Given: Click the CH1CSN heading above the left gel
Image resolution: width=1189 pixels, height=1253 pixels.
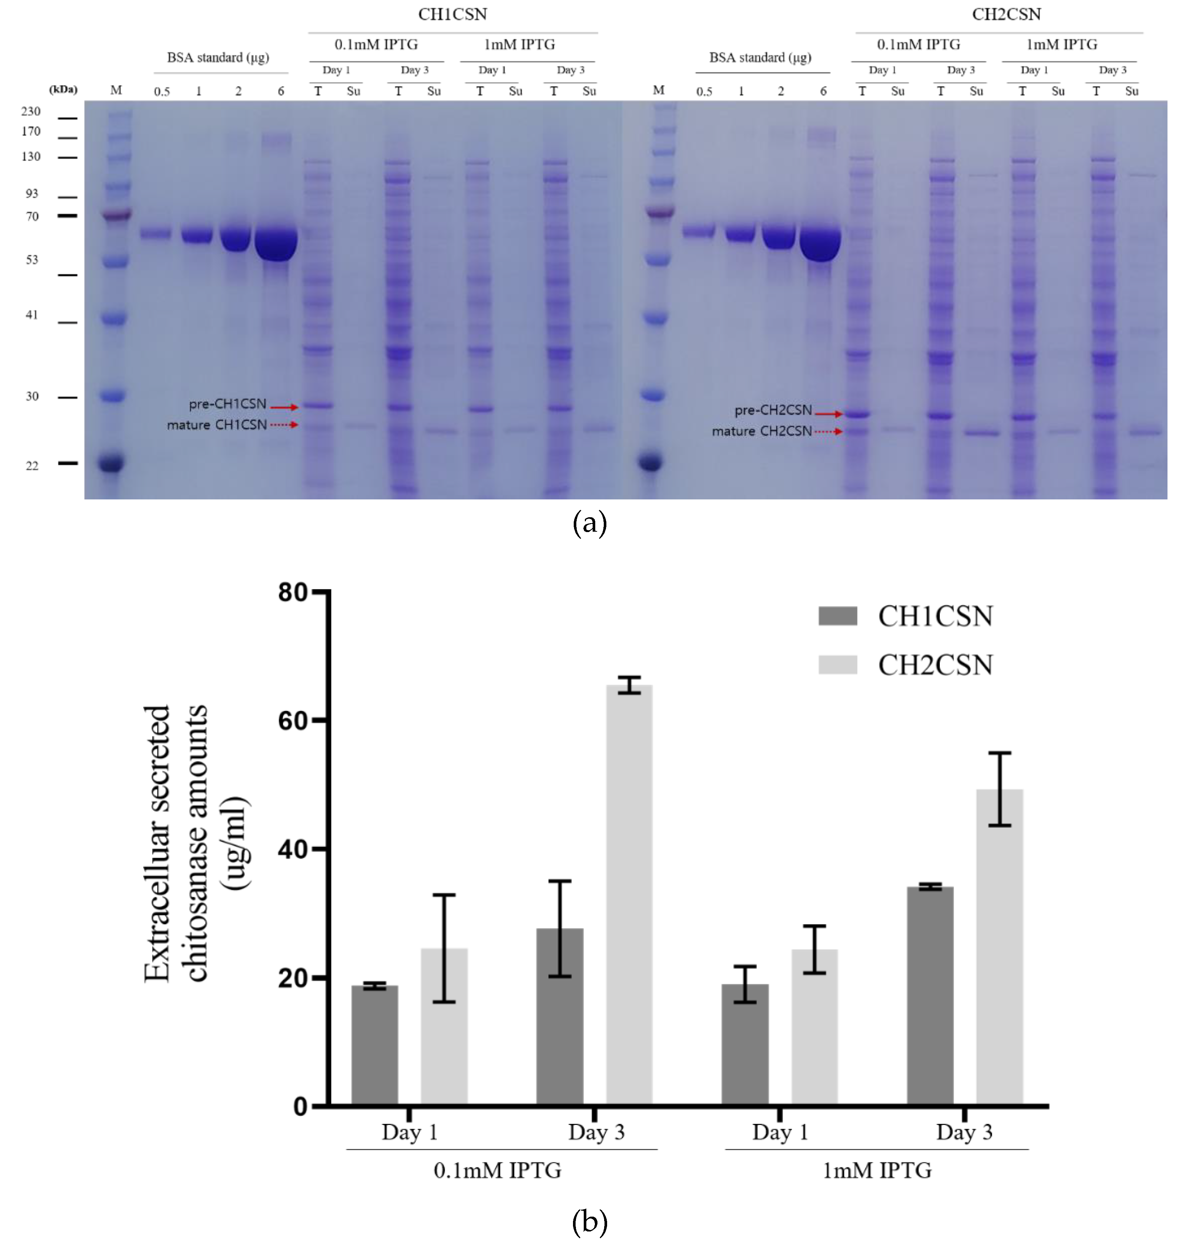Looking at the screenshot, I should tap(452, 14).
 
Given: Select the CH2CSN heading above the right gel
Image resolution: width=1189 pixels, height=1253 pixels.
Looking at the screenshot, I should tap(1007, 14).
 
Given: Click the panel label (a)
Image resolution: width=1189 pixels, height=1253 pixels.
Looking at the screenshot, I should tap(589, 524).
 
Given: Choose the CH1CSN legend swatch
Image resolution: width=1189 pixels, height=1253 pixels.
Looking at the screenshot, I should tap(837, 616).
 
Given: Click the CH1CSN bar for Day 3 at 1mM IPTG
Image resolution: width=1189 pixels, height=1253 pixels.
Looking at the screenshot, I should tap(930, 995).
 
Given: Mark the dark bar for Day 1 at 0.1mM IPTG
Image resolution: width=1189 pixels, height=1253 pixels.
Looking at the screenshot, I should tap(375, 1046).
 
